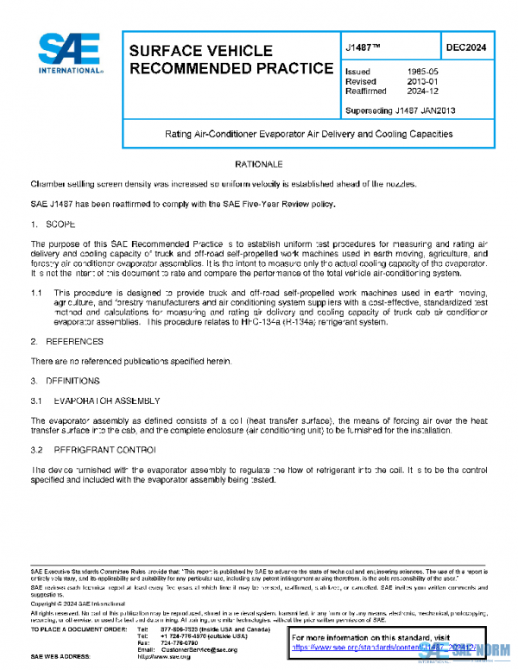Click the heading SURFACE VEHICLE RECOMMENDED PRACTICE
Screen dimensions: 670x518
[x=229, y=59]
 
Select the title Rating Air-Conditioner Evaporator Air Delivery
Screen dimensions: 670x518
[x=308, y=135]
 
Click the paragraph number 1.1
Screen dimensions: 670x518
[x=37, y=294]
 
